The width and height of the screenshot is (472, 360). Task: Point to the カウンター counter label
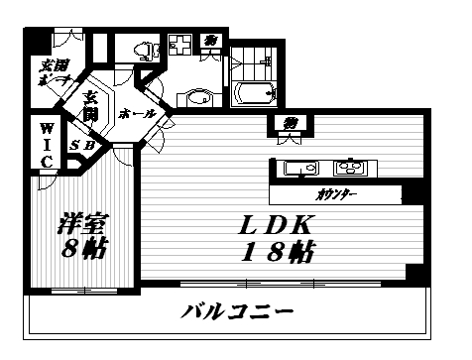[x=338, y=194]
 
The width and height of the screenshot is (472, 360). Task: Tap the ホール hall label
[x=136, y=115]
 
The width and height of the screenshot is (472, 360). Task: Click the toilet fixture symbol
[x=144, y=48]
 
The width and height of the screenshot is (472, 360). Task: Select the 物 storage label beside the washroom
[x=211, y=41]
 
